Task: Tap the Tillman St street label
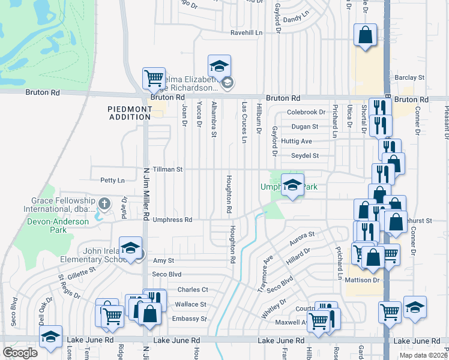[167, 170]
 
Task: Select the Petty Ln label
[112, 180]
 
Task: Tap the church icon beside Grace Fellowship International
[104, 204]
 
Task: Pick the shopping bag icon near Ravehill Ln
[365, 36]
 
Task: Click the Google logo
[20, 353]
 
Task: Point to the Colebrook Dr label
[306, 112]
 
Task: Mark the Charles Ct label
[192, 290]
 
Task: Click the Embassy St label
[190, 319]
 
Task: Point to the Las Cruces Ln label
[244, 122]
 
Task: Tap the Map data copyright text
[423, 355]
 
